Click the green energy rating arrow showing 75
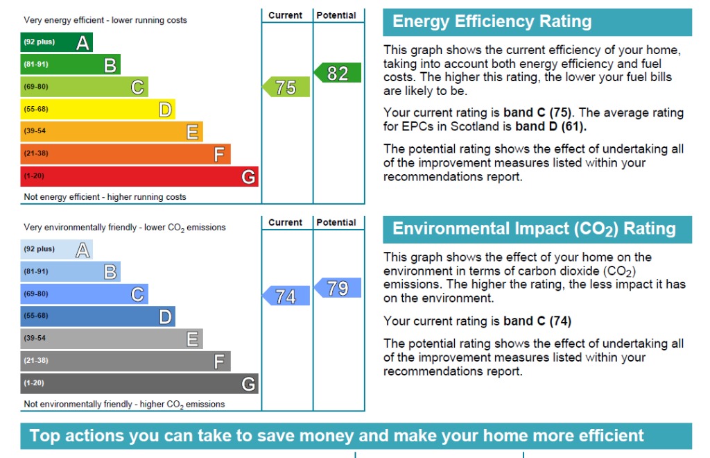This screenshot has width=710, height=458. click(286, 87)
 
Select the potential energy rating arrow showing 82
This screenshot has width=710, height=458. click(338, 73)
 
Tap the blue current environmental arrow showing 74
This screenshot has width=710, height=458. click(286, 296)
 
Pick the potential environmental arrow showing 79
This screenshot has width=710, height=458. click(338, 288)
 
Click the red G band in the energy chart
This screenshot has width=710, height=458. click(139, 176)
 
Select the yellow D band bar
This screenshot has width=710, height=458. click(97, 110)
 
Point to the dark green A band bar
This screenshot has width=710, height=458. click(56, 42)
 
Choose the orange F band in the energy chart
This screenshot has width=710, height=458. click(125, 153)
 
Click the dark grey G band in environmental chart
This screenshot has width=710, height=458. click(139, 383)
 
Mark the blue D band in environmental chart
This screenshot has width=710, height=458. click(97, 316)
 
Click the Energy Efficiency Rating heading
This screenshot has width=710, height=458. click(492, 22)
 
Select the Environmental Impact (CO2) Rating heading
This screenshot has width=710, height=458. click(534, 229)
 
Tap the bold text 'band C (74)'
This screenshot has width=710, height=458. click(537, 321)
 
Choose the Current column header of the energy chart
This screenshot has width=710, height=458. click(286, 15)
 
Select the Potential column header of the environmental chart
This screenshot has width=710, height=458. click(336, 223)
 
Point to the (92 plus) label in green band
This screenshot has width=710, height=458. click(40, 42)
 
